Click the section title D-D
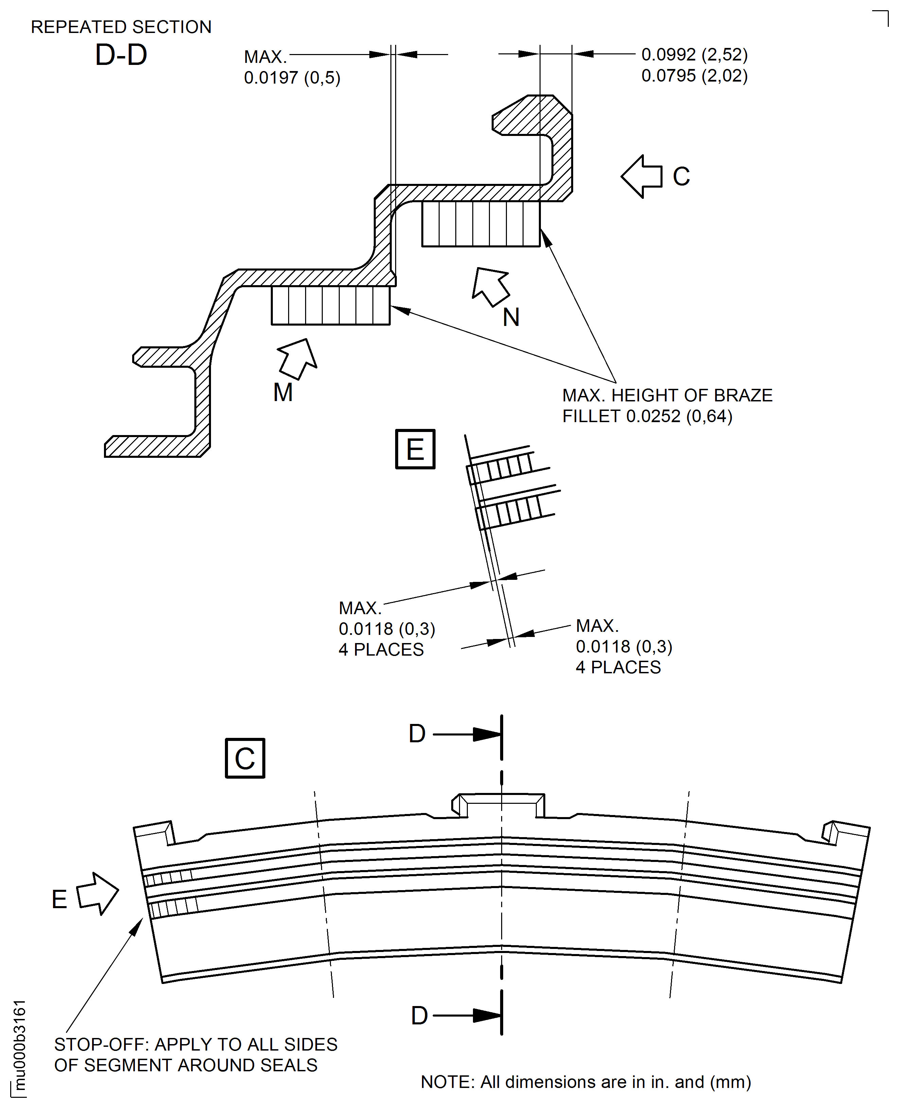coord(121,55)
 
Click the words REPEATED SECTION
coord(121,27)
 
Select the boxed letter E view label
coord(415,449)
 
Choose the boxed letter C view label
coord(245,758)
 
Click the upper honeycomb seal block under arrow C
coord(480,224)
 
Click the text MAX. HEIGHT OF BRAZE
coord(667,395)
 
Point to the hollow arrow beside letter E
coord(98,893)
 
